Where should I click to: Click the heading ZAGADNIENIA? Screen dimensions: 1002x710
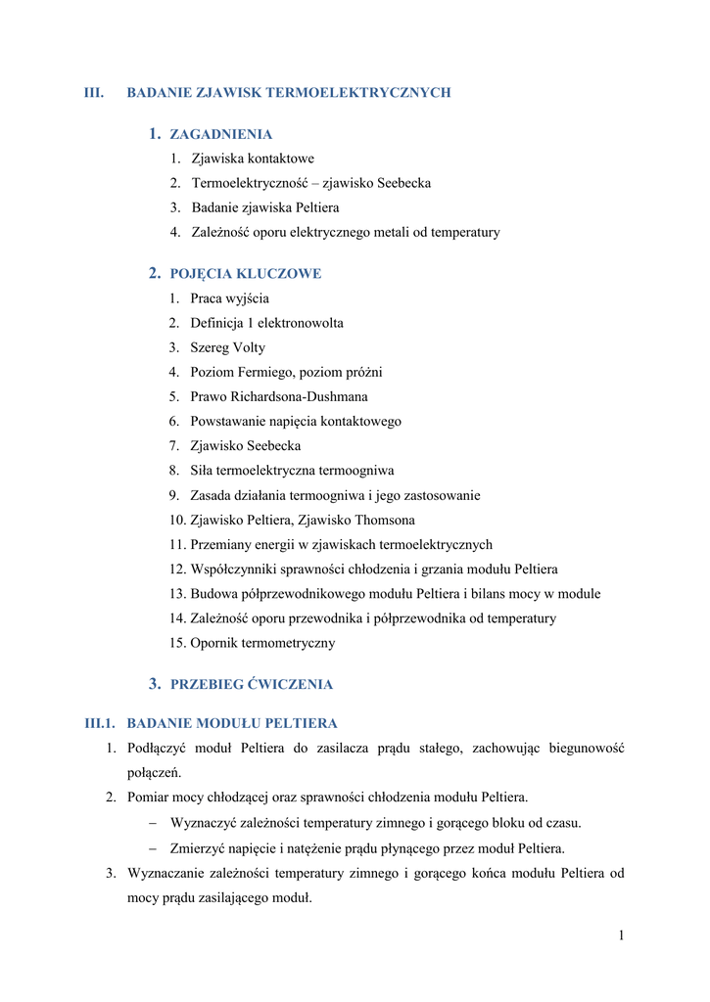pyautogui.click(x=221, y=134)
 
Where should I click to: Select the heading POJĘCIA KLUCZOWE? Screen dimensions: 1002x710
pyautogui.click(x=246, y=274)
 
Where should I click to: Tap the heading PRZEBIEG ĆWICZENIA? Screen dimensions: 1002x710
pyautogui.click(x=252, y=684)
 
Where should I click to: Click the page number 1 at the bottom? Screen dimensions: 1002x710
pyautogui.click(x=621, y=935)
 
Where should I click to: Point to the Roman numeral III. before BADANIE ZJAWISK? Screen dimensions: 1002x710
pyautogui.click(x=94, y=93)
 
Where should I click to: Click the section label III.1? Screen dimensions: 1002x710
pyautogui.click(x=101, y=724)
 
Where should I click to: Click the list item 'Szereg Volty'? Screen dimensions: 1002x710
pyautogui.click(x=228, y=347)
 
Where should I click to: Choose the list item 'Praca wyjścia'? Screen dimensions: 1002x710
pyautogui.click(x=230, y=298)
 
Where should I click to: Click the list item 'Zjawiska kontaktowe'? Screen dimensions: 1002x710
pyautogui.click(x=253, y=159)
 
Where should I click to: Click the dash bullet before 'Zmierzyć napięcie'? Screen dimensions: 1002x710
pyautogui.click(x=154, y=848)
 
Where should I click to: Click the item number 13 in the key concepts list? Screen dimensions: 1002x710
pyautogui.click(x=176, y=594)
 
